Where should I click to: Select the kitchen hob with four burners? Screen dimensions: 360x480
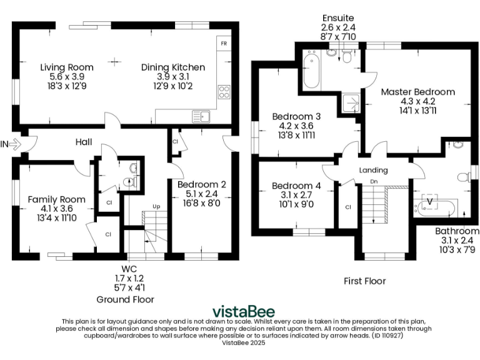pos(223,92)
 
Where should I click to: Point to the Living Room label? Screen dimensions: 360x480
pos(67,67)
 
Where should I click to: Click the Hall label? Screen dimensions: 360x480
pos(84,142)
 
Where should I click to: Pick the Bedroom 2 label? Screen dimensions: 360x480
pos(201,184)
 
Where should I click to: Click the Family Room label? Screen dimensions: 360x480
pos(56,199)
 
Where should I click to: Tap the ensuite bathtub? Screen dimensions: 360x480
pos(311,71)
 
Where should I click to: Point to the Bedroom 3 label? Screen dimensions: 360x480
pos(296,116)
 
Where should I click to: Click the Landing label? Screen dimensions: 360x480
pos(374,170)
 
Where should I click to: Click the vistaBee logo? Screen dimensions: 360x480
pos(244,311)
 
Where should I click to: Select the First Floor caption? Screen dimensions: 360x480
pos(364,281)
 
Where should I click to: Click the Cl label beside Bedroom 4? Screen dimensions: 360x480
pos(347,207)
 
